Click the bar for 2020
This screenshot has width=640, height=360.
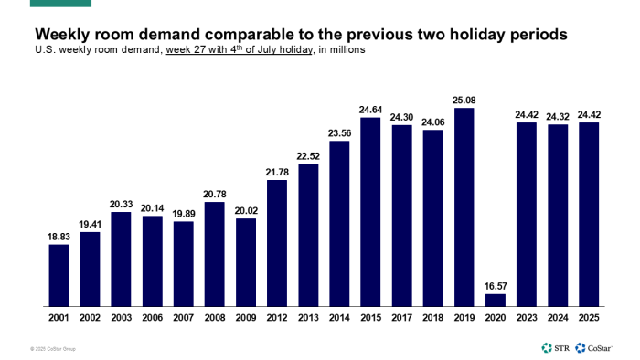(495, 300)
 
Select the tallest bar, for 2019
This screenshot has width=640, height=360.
(464, 206)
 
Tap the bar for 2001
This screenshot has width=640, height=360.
(59, 274)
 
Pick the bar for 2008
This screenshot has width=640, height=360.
(214, 253)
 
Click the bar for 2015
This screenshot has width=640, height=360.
(370, 211)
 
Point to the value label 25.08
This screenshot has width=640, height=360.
(464, 100)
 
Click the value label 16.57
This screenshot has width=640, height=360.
(495, 285)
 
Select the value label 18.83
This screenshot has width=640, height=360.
(59, 236)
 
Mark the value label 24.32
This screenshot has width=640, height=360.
(557, 115)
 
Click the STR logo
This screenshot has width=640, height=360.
(554, 347)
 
